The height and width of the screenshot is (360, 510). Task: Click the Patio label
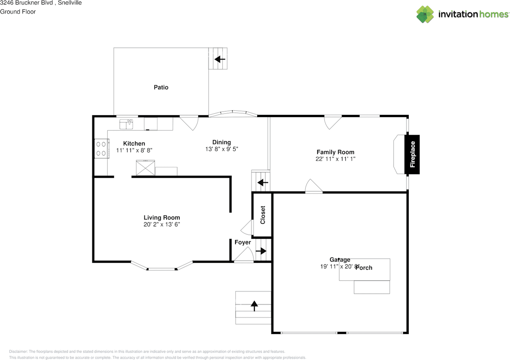(x=161, y=87)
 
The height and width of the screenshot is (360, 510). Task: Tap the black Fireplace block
(x=412, y=155)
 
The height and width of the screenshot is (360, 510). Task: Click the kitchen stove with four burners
(x=101, y=148)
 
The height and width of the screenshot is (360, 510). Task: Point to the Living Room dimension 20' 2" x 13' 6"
(x=162, y=224)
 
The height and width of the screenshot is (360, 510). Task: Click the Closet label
(x=263, y=215)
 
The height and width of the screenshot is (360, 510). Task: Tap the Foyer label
(x=243, y=242)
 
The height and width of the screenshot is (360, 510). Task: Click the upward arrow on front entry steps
(x=254, y=306)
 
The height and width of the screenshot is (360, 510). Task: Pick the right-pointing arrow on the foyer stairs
(x=261, y=251)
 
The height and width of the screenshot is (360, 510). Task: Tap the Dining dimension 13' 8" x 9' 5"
(x=221, y=149)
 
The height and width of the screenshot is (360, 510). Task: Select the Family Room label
(x=335, y=152)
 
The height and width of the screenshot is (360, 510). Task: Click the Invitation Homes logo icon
(x=425, y=14)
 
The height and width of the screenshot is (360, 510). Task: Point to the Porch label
(x=363, y=268)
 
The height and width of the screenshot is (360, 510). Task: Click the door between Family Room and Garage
(x=314, y=187)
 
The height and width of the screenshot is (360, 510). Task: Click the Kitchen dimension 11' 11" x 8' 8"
(x=134, y=150)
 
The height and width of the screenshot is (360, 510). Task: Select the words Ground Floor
(x=18, y=12)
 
